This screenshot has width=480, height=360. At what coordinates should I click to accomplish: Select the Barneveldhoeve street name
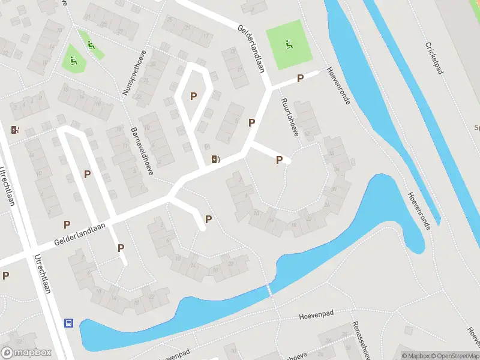click(x=142, y=151)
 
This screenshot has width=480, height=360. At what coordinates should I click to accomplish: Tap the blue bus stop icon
click(x=69, y=323)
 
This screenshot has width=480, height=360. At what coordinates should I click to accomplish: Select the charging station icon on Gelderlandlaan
click(x=215, y=159)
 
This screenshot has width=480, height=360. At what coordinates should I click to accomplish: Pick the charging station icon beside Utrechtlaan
click(x=15, y=129)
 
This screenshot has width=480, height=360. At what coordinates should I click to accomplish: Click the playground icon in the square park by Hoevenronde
click(x=289, y=44)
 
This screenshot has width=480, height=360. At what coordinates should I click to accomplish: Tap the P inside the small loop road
click(x=193, y=96)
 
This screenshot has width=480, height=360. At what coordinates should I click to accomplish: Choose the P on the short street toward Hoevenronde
click(x=300, y=79)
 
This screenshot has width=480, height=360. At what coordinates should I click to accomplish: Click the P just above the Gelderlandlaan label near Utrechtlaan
click(x=67, y=224)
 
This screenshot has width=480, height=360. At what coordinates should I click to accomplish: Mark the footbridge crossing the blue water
click(x=269, y=291)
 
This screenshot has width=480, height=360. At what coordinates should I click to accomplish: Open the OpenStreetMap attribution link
click(x=454, y=356)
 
